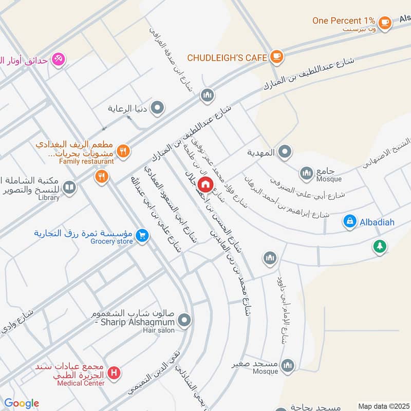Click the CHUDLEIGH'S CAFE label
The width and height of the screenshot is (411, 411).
(x=227, y=58)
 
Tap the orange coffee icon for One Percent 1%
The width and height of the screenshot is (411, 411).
(x=384, y=22)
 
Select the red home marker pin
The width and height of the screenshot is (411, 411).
(x=206, y=184)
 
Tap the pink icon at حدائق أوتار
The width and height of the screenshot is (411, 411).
(x=59, y=59)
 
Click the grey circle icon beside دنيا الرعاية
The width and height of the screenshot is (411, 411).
(x=158, y=108)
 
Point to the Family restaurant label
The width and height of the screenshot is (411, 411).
(x=86, y=161)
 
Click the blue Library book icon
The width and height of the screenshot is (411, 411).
(x=70, y=187)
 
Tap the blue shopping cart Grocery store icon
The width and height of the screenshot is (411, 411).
(x=143, y=236)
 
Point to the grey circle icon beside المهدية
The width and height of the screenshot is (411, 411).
(x=286, y=152)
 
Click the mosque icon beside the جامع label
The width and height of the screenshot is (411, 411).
(x=307, y=172)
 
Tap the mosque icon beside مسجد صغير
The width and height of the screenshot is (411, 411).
(x=288, y=364)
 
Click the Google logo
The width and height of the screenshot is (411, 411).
(x=22, y=404)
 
